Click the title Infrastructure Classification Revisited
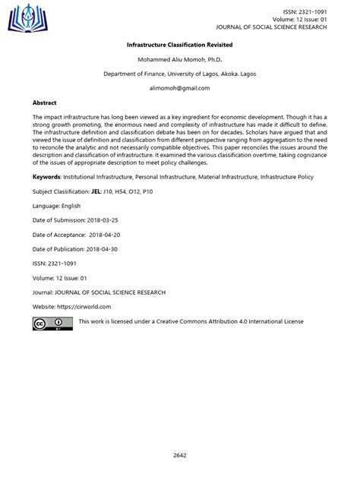pos(179,46)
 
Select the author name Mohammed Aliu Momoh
pos(169,60)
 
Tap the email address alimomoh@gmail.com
pos(179,88)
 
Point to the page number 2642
pos(179,455)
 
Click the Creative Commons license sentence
pos(191,321)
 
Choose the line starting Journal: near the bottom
pos(99,292)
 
